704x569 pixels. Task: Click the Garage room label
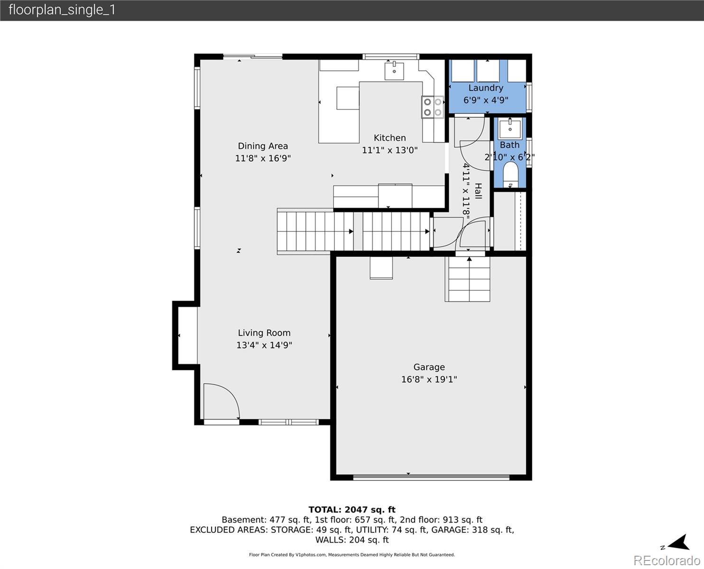click(x=429, y=367)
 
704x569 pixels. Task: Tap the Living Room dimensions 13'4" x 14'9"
click(x=264, y=345)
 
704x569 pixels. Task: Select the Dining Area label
click(x=263, y=146)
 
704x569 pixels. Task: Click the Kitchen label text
click(x=389, y=138)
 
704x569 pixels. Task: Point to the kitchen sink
click(x=394, y=71)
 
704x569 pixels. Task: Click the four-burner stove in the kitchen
click(x=432, y=107)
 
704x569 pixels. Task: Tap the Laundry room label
click(x=486, y=88)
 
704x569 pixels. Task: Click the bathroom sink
click(x=510, y=128)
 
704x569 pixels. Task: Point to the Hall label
click(x=478, y=191)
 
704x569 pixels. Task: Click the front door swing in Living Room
click(x=221, y=401)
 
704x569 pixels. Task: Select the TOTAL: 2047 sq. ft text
click(x=352, y=510)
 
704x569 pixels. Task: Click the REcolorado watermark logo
click(x=666, y=560)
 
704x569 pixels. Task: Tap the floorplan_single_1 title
click(x=62, y=10)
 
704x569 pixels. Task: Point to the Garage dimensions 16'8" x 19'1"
click(x=429, y=379)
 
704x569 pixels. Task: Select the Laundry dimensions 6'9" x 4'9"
click(x=486, y=100)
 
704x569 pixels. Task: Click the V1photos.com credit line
click(x=352, y=555)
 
